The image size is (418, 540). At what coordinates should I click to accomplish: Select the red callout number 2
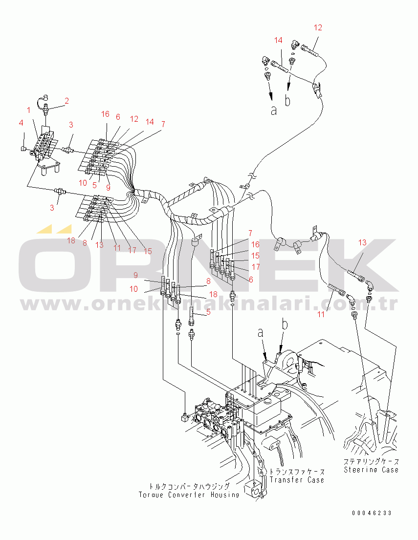[66, 101]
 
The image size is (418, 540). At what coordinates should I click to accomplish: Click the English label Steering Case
[371, 470]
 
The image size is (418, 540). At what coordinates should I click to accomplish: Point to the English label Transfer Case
[297, 480]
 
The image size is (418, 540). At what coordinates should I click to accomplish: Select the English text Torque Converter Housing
[189, 495]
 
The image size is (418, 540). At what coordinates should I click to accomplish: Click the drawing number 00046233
[372, 513]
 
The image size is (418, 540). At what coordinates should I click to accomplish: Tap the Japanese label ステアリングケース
[371, 461]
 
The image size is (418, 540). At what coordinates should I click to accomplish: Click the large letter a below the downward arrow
[274, 111]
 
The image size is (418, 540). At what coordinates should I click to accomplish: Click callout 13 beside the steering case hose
[362, 242]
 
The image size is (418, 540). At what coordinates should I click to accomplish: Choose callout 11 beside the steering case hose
[321, 314]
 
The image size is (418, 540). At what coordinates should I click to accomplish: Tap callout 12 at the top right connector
[318, 28]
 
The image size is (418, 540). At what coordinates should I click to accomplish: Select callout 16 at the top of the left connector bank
[106, 114]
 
